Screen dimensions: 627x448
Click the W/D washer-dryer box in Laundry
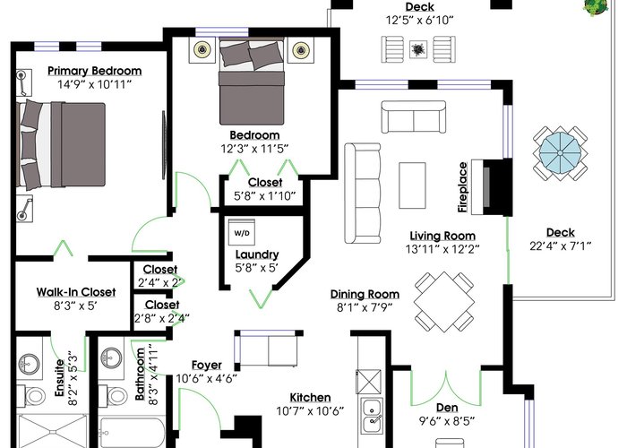click(242, 232)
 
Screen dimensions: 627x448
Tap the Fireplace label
click(463, 186)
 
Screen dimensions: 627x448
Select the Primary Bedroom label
click(95, 71)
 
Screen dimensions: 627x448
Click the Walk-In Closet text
click(76, 292)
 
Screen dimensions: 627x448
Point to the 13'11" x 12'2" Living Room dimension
click(442, 249)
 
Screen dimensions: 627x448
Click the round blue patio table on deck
click(560, 153)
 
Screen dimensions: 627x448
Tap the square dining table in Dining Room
click(444, 302)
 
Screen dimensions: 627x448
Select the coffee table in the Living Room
click(412, 185)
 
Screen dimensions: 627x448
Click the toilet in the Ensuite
click(33, 396)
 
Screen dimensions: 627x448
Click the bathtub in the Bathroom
click(132, 433)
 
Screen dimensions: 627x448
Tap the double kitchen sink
click(372, 416)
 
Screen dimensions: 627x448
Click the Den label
click(447, 408)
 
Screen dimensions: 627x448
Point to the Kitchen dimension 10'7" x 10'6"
click(310, 410)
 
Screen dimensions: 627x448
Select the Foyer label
click(207, 365)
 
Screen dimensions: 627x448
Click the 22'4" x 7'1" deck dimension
click(560, 246)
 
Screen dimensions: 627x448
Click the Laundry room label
click(257, 254)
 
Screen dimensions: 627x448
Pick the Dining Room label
click(365, 294)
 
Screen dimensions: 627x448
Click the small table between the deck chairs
click(418, 49)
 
